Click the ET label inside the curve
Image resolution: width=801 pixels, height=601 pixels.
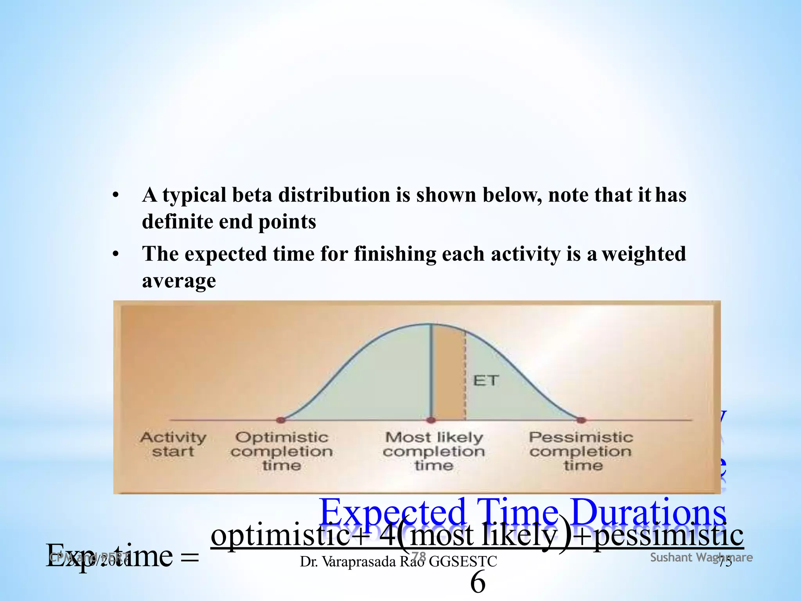[486, 380]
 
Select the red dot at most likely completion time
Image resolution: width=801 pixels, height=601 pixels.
[431, 420]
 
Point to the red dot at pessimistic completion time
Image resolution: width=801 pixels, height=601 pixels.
[581, 420]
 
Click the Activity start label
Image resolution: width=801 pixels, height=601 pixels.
[173, 444]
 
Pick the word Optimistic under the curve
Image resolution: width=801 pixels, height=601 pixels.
[282, 437]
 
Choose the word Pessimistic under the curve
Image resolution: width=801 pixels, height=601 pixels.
[581, 437]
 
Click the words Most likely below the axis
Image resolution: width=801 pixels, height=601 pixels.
[434, 437]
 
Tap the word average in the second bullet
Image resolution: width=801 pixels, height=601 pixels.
[179, 281]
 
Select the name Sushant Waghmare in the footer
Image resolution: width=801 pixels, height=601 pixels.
[701, 558]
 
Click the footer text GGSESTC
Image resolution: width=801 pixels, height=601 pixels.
[463, 562]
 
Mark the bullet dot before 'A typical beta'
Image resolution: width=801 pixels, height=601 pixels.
[115, 195]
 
